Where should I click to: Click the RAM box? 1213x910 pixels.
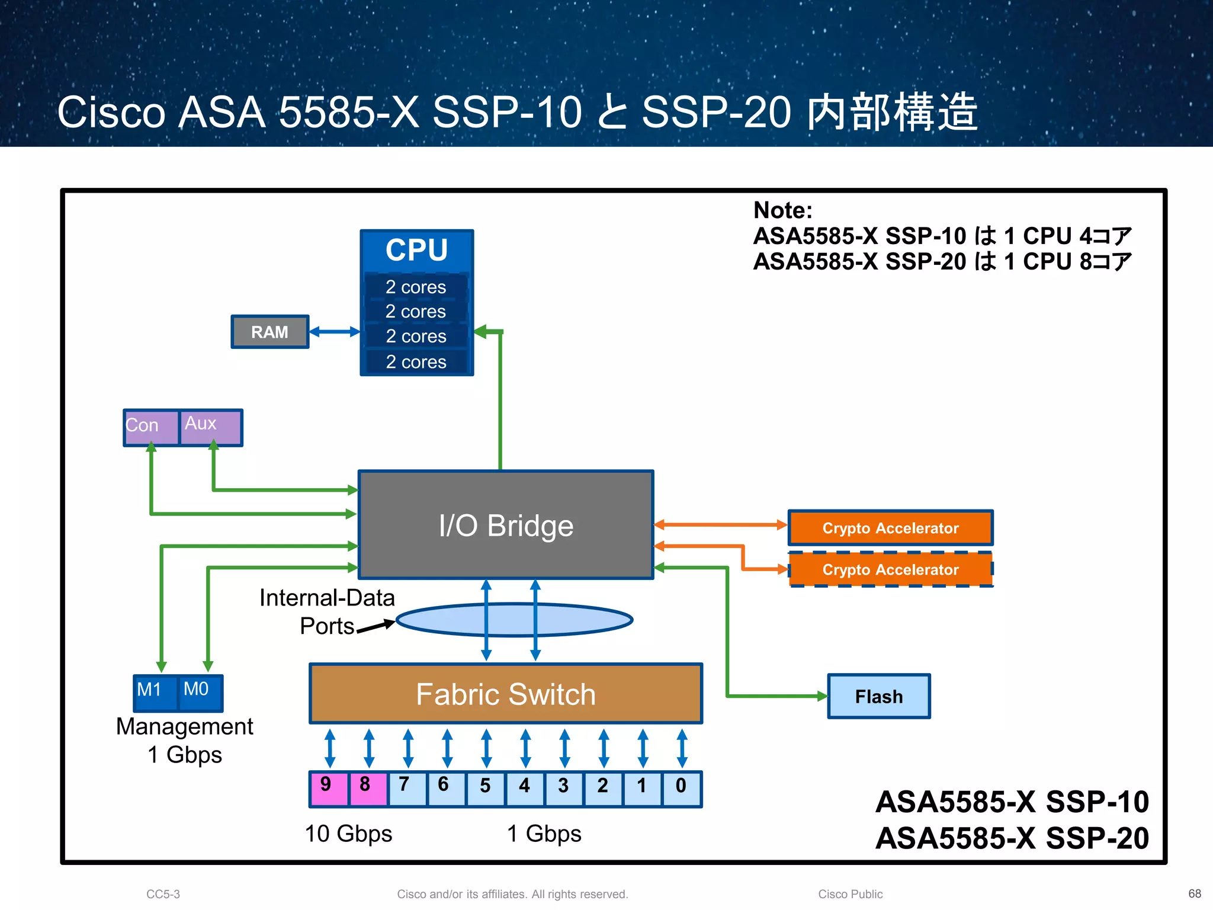point(269,332)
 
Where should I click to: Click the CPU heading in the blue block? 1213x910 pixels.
point(416,250)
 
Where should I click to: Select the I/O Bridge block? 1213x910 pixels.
point(506,525)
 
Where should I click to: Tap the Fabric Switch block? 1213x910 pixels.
point(506,694)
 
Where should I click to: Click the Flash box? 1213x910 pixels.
point(878,696)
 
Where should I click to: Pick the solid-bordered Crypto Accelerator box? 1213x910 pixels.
point(890,528)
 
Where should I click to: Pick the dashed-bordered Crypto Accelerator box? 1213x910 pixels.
point(890,569)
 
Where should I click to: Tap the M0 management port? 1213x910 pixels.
point(200,692)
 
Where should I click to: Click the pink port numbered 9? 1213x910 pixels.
point(329,789)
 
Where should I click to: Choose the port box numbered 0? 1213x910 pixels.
point(681,789)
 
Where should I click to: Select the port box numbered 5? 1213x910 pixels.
point(485,789)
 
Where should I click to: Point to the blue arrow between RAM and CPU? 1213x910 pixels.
point(335,332)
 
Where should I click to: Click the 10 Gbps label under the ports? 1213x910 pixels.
point(348,834)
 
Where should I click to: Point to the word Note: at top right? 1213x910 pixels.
point(782,210)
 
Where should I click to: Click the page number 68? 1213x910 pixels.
point(1194,893)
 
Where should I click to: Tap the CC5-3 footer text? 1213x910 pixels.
point(163,894)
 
